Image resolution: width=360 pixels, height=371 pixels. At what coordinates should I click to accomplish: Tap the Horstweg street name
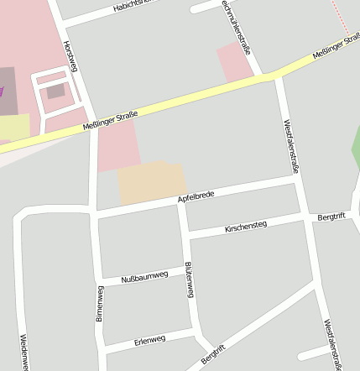pyautogui.click(x=70, y=55)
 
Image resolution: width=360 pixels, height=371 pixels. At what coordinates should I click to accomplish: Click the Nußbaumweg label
pyautogui.click(x=144, y=276)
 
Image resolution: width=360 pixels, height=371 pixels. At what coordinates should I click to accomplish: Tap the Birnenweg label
pyautogui.click(x=100, y=304)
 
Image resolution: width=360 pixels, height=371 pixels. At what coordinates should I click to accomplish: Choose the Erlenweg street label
pyautogui.click(x=149, y=340)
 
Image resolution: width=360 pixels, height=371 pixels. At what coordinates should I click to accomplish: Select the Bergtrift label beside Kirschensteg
pyautogui.click(x=330, y=217)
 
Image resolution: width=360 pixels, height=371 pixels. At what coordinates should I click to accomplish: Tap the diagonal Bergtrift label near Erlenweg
pyautogui.click(x=214, y=355)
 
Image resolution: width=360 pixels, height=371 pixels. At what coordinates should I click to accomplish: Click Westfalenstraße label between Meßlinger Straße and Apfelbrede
pyautogui.click(x=290, y=146)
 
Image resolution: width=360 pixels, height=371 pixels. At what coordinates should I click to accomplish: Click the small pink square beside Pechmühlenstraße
pyautogui.click(x=234, y=62)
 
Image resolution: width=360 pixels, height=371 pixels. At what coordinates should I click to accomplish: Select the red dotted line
pyautogui.click(x=339, y=17)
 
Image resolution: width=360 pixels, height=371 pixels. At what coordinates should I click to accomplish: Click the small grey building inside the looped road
pyautogui.click(x=55, y=91)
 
